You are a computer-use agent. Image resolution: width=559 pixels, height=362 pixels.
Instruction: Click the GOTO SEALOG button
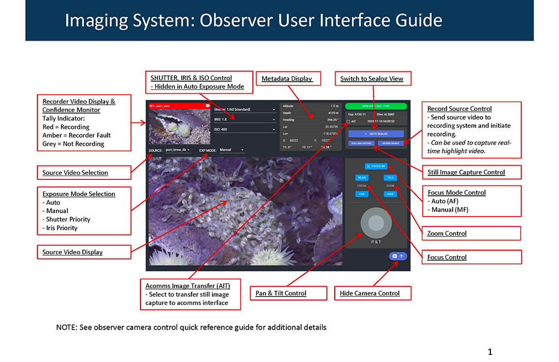(376, 133)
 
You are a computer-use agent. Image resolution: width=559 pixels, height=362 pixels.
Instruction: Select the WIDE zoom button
(390, 194)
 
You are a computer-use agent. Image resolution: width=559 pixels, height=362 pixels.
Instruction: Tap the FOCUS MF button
(376, 166)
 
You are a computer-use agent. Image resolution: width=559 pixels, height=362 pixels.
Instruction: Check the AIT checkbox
(348, 121)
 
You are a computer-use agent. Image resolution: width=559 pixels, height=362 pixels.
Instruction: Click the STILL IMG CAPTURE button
(362, 143)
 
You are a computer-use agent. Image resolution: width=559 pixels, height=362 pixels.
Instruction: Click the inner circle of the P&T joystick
(376, 223)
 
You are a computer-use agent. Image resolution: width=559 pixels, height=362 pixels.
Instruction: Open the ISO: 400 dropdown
(244, 129)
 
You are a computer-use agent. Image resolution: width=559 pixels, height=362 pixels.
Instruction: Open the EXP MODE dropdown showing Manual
(231, 149)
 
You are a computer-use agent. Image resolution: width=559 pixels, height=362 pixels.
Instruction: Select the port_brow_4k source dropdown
(181, 149)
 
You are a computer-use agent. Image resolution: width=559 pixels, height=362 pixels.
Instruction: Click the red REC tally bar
(178, 105)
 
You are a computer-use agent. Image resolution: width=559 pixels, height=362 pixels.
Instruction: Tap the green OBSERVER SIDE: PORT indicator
(376, 106)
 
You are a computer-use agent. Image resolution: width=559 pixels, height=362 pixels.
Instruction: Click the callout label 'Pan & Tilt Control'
(281, 293)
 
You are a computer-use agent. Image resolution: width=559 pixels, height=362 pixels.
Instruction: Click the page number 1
(490, 351)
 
